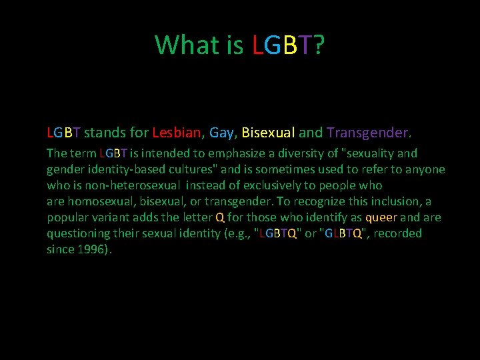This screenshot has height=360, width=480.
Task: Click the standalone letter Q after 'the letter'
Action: [x=220, y=217]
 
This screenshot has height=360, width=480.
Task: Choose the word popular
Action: [x=67, y=217]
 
